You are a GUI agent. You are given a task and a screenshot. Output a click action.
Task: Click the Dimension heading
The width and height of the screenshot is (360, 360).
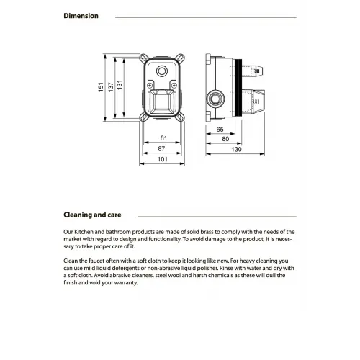coord(81,16)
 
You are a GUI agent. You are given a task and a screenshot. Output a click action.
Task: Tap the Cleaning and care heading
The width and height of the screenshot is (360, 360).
coord(92,215)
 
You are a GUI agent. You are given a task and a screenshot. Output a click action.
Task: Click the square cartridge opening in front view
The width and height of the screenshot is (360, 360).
coord(163,100)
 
